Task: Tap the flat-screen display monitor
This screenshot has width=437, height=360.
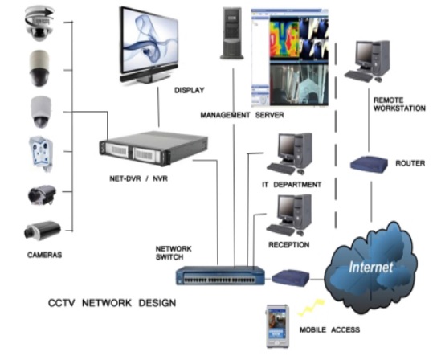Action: point(149,45)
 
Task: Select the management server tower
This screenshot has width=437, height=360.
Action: point(232,34)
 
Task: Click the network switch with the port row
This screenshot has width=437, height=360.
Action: point(220,276)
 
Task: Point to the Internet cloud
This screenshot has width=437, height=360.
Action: point(370,268)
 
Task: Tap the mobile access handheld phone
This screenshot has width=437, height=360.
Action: point(277,326)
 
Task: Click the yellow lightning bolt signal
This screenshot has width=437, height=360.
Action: point(312,307)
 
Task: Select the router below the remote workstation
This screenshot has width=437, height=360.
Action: point(369,164)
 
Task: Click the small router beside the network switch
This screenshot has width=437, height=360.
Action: point(291,277)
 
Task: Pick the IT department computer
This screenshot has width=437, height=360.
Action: point(290,154)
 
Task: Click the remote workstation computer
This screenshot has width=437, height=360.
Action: point(367,61)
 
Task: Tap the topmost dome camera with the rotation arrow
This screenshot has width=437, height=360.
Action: point(39,23)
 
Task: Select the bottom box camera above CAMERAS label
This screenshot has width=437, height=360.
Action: point(43,231)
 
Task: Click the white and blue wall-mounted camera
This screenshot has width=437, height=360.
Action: point(41,153)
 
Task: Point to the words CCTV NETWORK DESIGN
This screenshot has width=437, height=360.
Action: point(112,303)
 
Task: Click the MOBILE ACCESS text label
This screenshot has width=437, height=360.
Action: point(329,330)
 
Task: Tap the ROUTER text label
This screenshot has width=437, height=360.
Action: point(410,163)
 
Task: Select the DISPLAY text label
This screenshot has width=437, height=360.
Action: point(190,90)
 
